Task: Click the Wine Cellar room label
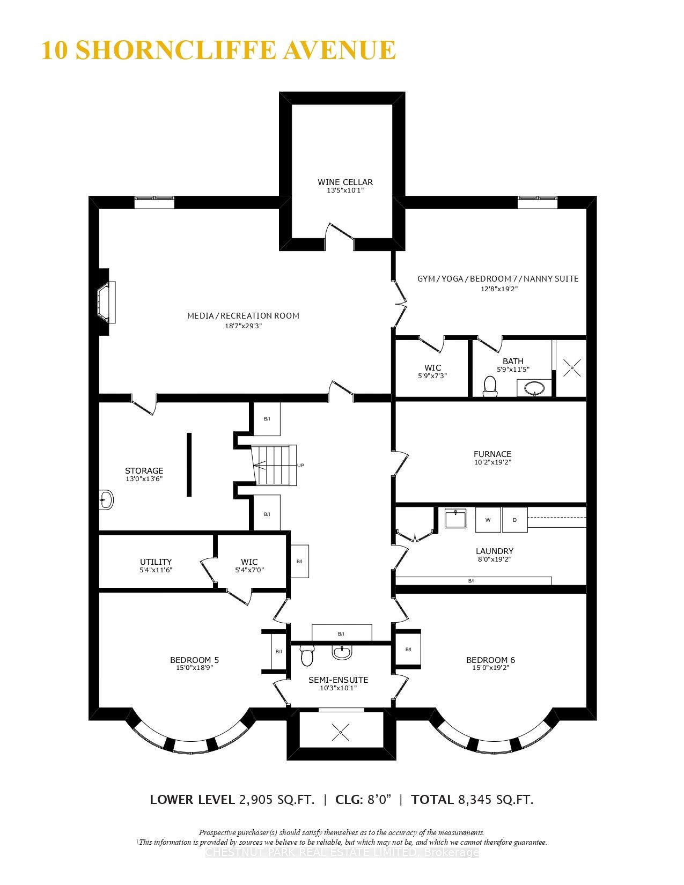coord(345,182)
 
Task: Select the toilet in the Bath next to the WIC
coord(490,386)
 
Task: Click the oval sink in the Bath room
coord(534,388)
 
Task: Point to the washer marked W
coord(488,520)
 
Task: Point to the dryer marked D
coord(514,520)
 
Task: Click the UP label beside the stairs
coord(300,466)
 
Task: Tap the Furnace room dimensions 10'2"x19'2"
coord(492,462)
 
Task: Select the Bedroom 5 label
coord(194,660)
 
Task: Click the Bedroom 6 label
coord(490,660)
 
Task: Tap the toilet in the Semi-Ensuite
coord(307,655)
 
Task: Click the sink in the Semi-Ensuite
coord(342,653)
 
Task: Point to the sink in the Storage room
coord(106,500)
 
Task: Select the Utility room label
coord(156,562)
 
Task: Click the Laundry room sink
coord(455,519)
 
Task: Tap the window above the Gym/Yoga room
coord(537,202)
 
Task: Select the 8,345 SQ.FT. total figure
coord(495,800)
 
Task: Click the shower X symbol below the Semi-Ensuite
coord(340,732)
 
